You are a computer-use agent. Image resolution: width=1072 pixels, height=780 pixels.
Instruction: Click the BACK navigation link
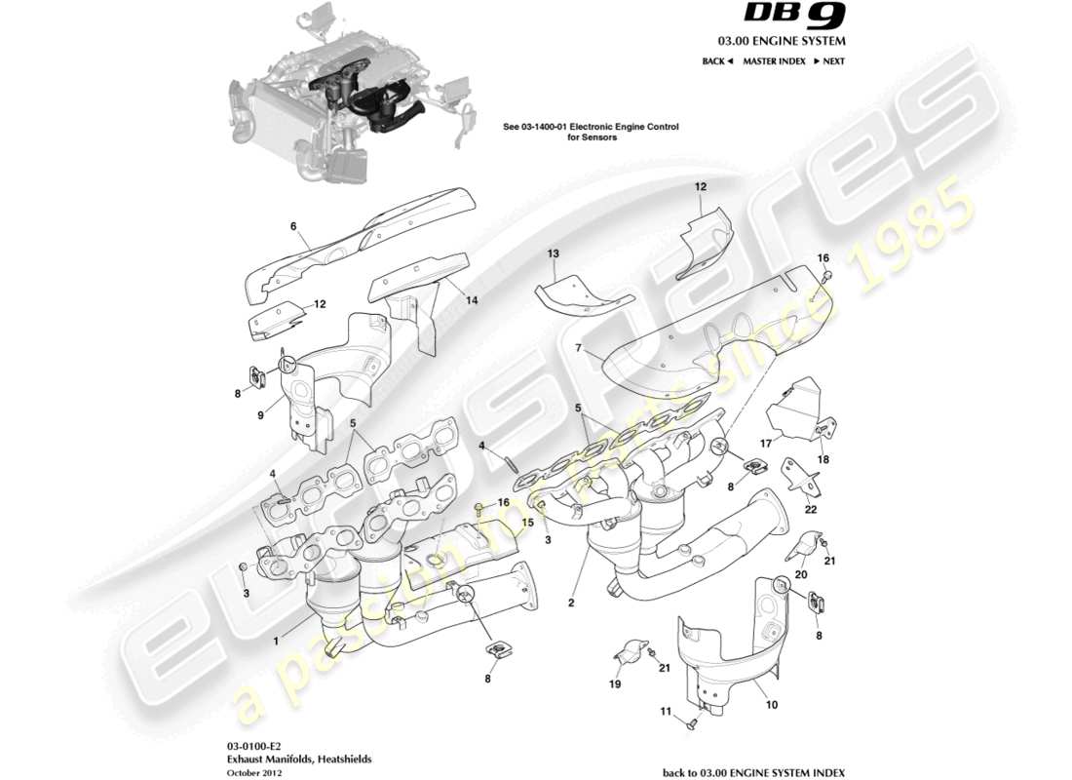(x=717, y=60)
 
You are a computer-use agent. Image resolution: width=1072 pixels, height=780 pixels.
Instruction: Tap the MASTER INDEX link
(x=774, y=60)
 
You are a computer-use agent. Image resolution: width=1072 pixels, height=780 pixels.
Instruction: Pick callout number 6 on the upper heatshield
(x=292, y=226)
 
